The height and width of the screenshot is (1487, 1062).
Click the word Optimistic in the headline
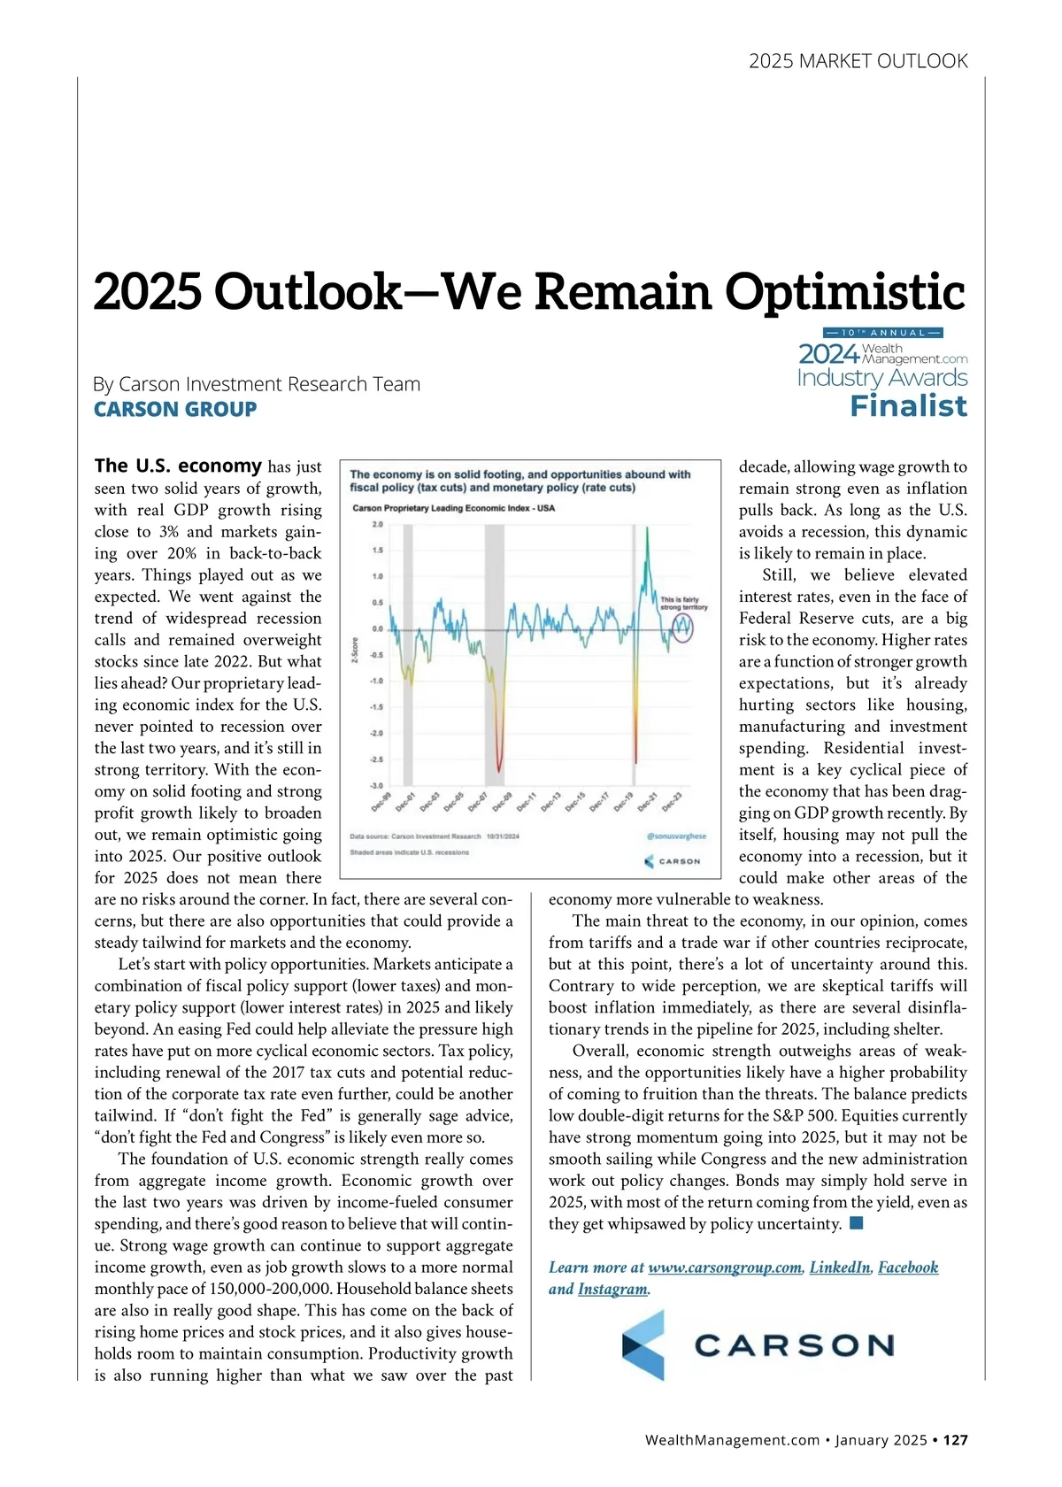(844, 292)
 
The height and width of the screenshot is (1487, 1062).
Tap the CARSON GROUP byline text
(175, 409)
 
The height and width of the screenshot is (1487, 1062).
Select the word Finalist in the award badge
(908, 406)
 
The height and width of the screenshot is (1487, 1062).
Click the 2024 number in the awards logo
(829, 354)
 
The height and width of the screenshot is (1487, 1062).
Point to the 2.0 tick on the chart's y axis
(377, 524)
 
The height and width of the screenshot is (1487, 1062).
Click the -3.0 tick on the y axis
(376, 785)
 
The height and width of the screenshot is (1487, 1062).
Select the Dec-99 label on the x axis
(381, 802)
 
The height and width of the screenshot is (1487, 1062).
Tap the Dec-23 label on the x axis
(672, 802)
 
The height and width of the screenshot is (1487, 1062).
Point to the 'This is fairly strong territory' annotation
(683, 603)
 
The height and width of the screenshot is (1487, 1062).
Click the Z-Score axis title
(355, 650)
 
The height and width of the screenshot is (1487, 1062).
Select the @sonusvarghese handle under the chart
(676, 836)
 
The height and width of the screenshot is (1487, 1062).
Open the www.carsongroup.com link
(725, 1267)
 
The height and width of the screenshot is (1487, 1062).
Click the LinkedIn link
(840, 1267)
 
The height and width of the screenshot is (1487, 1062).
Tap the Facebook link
(908, 1267)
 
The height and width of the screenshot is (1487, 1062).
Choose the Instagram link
(612, 1290)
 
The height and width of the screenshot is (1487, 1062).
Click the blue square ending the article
(856, 1223)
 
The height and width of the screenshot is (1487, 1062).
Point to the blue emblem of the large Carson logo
(643, 1345)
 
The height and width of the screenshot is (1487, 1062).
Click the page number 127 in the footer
(955, 1440)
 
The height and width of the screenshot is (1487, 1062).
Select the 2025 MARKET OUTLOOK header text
(858, 61)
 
